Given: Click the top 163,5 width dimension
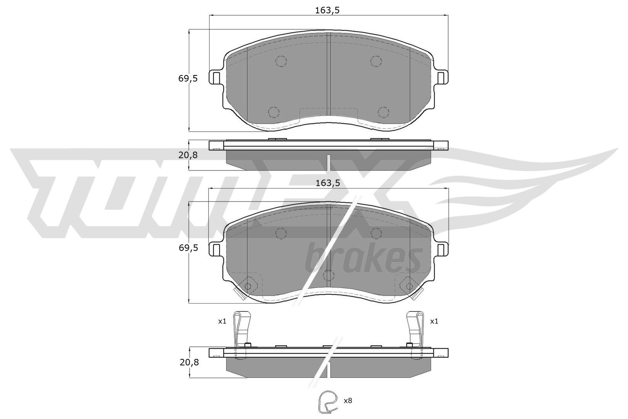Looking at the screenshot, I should [327, 10].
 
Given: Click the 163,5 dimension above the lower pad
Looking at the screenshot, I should [327, 183].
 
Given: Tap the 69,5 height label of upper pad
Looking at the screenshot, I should [188, 79].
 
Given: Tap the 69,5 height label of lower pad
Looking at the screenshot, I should [188, 248].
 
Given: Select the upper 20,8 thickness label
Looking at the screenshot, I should [188, 155].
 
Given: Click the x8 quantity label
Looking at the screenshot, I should [348, 401].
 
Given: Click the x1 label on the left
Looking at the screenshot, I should [222, 321].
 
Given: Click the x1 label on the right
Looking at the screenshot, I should [434, 321].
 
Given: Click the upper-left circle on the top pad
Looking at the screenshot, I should [281, 61].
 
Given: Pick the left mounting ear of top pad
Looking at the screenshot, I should [216, 77].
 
